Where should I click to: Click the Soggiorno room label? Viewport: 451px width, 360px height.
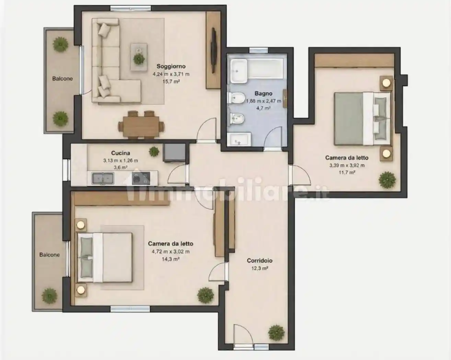[171, 67]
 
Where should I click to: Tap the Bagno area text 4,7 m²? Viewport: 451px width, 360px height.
[263, 108]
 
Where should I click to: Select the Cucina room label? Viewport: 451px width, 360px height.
[120, 153]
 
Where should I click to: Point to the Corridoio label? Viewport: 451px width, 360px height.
[259, 261]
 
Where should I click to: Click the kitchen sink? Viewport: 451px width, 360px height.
[103, 178]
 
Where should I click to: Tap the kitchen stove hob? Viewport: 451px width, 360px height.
[141, 178]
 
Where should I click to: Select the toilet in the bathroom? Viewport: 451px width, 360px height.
[236, 98]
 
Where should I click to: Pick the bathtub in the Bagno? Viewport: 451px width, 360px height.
[257, 69]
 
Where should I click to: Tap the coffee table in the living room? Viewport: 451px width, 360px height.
[139, 57]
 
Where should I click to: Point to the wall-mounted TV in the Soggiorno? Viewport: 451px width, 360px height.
[213, 50]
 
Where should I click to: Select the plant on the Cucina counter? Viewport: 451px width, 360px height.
[154, 151]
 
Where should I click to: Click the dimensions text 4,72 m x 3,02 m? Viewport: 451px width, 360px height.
[171, 252]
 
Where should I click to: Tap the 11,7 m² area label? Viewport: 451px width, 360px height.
[347, 172]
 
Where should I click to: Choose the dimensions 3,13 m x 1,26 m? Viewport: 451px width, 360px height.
[120, 160]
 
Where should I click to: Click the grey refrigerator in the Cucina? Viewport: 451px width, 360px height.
[174, 153]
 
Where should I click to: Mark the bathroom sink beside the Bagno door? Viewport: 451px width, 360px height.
[239, 139]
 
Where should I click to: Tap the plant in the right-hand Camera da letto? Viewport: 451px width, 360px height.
[387, 180]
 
